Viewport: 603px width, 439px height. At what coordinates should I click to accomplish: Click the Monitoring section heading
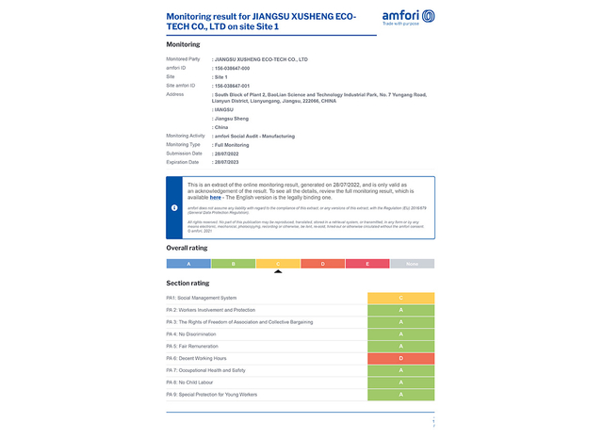[183, 44]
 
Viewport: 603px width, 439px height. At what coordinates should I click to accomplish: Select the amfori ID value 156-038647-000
[233, 68]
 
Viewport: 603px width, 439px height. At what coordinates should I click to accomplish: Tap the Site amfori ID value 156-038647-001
[233, 85]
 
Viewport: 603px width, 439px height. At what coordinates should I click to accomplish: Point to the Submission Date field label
[185, 153]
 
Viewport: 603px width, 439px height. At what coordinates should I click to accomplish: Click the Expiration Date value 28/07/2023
[230, 161]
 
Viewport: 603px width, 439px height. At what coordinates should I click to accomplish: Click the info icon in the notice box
[174, 207]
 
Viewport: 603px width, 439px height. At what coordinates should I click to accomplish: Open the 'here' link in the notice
[216, 198]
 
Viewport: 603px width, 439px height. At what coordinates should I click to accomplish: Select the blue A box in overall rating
[188, 264]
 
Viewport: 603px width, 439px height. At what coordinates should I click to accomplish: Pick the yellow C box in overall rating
[278, 264]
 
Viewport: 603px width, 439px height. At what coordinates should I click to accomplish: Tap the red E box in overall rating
[367, 264]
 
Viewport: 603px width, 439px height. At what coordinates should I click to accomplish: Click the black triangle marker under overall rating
[278, 272]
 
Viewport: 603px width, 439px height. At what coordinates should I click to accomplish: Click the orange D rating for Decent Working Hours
[400, 359]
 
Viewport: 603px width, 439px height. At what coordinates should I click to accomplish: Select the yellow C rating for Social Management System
[400, 298]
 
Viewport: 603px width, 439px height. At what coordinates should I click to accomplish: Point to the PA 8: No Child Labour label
[189, 382]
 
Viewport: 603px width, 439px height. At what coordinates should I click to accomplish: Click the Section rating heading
[187, 283]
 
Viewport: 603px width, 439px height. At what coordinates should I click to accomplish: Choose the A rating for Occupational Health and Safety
[400, 371]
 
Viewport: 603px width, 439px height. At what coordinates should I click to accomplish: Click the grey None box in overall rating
[412, 264]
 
